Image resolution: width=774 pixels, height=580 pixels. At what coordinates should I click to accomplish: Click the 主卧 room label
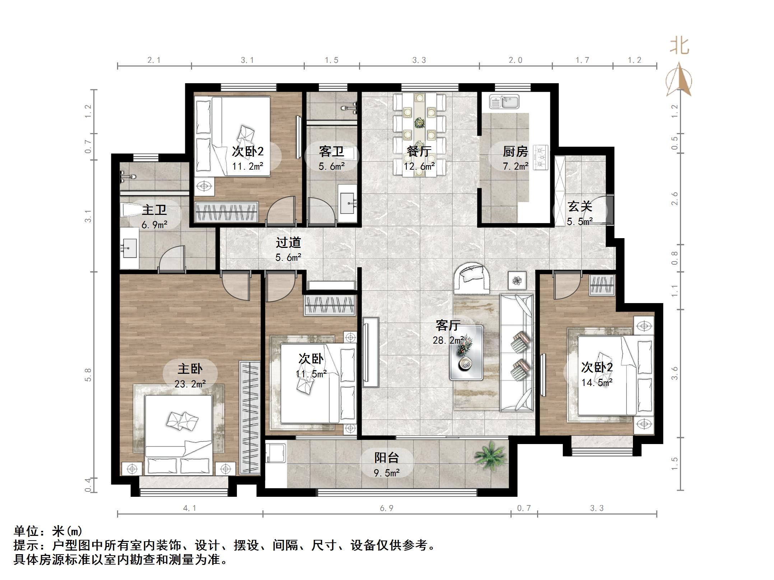pos(190,369)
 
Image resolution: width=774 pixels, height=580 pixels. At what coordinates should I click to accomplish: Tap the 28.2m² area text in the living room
pos(448,340)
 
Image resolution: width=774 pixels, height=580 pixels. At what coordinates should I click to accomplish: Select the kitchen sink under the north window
pos(504,102)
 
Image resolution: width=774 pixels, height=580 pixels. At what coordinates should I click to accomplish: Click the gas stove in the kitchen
pos(541,157)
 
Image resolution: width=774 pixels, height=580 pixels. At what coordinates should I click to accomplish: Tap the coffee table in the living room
pos(466,352)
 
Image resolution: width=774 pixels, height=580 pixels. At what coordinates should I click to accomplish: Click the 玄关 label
pos(580,207)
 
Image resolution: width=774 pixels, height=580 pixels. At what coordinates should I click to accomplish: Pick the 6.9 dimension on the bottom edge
pos(387,508)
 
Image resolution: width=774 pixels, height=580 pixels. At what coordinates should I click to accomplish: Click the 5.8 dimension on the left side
pos(88,375)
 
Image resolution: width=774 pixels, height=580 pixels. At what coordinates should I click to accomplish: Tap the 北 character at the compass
pos(680,46)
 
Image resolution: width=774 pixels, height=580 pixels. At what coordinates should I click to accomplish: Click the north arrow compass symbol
pos(679,81)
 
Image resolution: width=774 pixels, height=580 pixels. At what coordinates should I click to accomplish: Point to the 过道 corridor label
pos(288,242)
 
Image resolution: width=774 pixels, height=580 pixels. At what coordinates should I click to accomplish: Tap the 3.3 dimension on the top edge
pos(419,60)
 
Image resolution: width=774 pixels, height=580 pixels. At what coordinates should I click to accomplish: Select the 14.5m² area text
pos(597,383)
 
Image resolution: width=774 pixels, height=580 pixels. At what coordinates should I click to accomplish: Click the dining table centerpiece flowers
pos(419,123)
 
